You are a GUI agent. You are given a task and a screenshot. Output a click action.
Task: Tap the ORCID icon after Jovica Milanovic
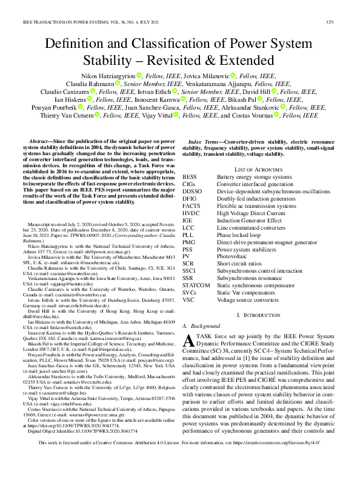click(233, 75)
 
